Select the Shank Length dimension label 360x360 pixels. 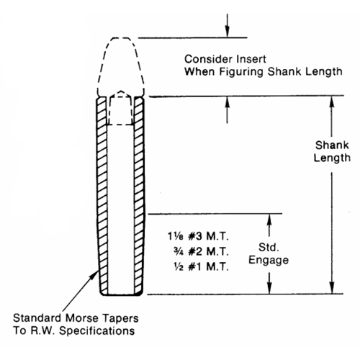tap(332, 151)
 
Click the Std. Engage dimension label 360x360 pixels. tap(269, 253)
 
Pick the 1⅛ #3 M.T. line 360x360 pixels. tap(198, 236)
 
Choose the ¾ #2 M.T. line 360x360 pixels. tap(201, 251)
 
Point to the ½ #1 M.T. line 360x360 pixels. tap(201, 266)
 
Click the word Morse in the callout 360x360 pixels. tap(82, 318)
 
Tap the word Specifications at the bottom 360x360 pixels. tap(96, 331)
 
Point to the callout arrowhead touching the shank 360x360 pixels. tap(94, 275)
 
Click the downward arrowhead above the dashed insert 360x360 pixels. tap(227, 31)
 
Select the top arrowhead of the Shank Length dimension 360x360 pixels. tap(332, 102)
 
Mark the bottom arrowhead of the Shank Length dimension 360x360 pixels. tap(332, 287)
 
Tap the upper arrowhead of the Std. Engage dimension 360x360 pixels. tap(269, 219)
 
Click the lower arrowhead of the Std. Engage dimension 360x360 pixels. tap(269, 288)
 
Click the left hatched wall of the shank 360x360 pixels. tap(102, 196)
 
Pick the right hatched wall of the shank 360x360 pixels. tap(139, 196)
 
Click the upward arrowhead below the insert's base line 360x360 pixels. tap(228, 102)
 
